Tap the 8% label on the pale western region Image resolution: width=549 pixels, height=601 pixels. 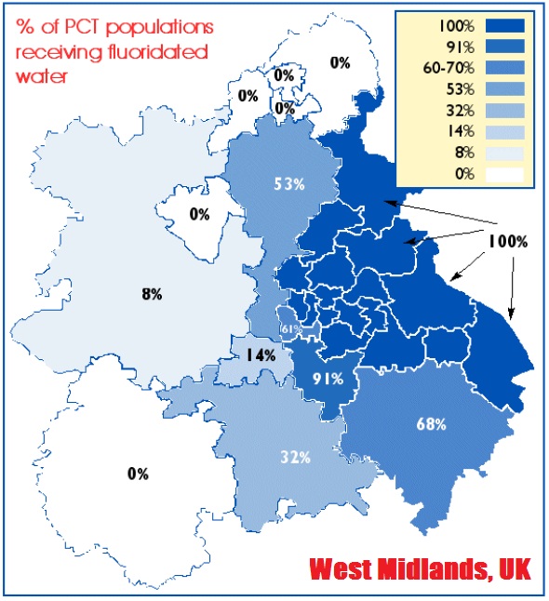point(153,294)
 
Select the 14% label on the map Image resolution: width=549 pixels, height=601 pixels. point(261,354)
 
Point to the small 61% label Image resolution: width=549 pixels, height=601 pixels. point(290,328)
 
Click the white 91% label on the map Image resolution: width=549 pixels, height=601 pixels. point(328,379)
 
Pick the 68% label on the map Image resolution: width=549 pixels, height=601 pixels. point(431,424)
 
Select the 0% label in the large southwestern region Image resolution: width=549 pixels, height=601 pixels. point(138,474)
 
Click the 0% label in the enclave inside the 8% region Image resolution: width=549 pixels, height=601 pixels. point(199,214)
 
